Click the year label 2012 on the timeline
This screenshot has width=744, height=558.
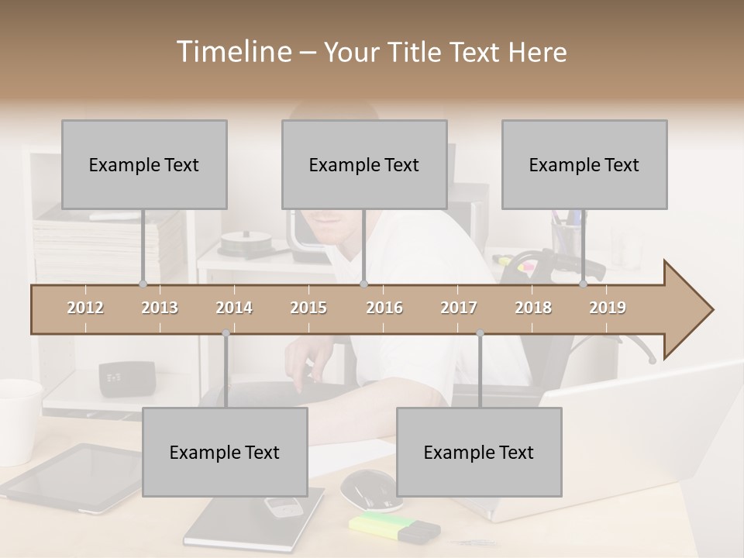(85, 308)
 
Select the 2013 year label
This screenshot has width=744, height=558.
(160, 308)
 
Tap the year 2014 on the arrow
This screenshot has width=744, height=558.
(234, 308)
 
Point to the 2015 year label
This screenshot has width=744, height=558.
(308, 308)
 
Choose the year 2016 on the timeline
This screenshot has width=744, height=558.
(384, 308)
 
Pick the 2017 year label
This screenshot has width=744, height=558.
(459, 308)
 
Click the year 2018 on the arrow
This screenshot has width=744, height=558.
(533, 308)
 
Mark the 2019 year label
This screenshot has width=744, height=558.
(608, 308)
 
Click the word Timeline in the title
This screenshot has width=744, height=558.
(232, 52)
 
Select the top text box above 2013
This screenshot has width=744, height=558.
(144, 164)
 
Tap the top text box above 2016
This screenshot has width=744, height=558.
(364, 164)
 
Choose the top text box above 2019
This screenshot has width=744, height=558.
(584, 164)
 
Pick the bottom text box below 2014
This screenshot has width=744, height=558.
(225, 452)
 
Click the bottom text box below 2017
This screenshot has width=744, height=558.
(479, 452)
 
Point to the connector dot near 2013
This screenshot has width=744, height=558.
(143, 284)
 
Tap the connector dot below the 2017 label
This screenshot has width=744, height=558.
(480, 333)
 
